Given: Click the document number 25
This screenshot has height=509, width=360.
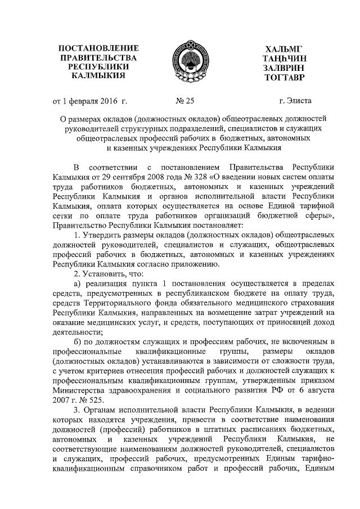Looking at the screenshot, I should point(187,102).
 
